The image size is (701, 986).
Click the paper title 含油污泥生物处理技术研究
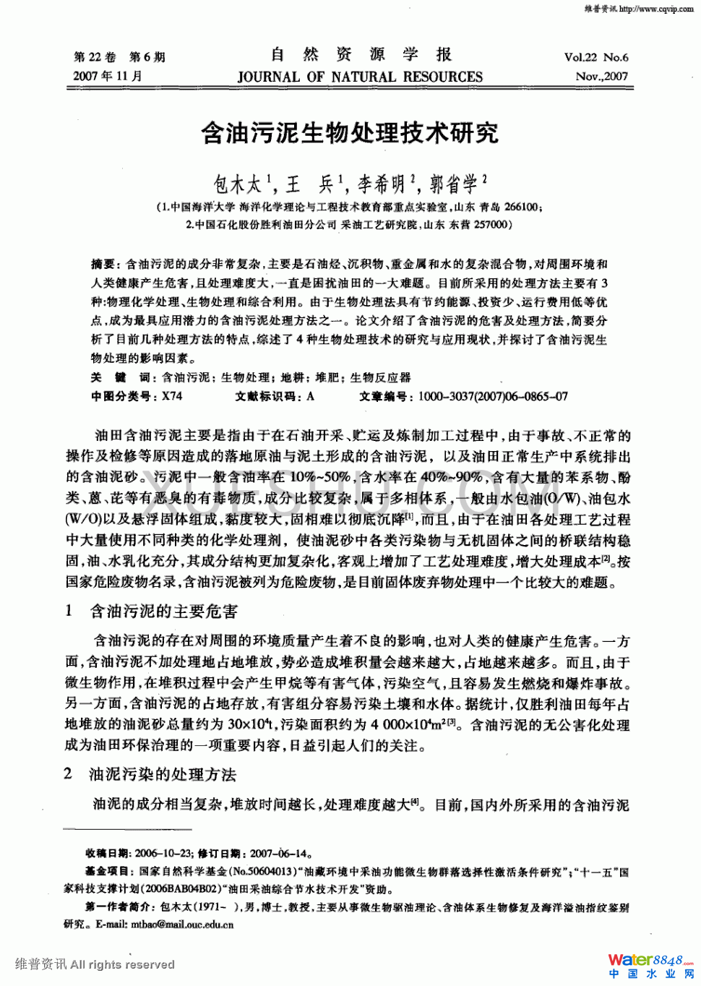[350, 133]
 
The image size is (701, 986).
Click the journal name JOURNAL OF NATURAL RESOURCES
[360, 77]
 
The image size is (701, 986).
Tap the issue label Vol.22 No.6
[596, 57]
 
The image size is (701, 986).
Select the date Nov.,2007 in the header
[601, 76]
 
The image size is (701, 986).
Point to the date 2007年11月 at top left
[108, 76]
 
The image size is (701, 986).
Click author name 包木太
[238, 185]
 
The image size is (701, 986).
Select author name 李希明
[382, 185]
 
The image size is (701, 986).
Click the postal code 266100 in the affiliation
[520, 207]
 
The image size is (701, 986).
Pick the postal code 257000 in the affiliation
[491, 224]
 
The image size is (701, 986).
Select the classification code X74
[172, 396]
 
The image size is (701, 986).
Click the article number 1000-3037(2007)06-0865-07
[493, 396]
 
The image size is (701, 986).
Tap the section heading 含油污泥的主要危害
[164, 612]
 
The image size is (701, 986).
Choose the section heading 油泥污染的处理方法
[163, 775]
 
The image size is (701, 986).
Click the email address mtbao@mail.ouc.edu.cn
[182, 924]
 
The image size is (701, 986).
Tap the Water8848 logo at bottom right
[650, 961]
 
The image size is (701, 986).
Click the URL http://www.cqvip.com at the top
[655, 9]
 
